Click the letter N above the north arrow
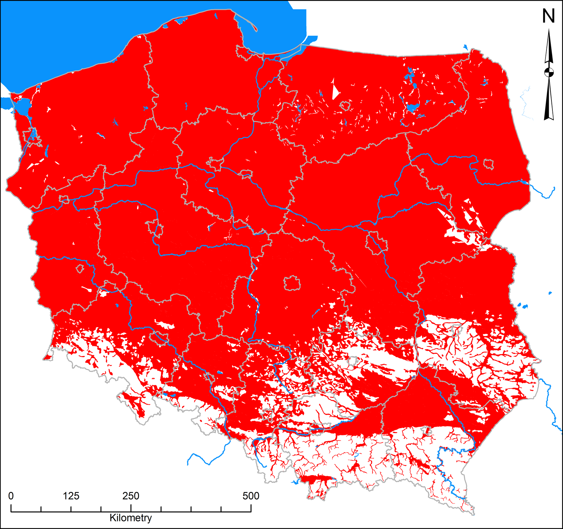(x=548, y=16)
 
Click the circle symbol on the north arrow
(x=549, y=72)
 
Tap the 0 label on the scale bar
(x=11, y=496)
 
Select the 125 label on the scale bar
(x=71, y=496)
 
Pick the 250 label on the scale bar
(x=131, y=496)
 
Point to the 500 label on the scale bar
(x=251, y=496)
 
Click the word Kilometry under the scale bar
(x=131, y=518)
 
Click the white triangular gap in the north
(x=335, y=89)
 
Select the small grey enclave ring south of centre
(x=292, y=283)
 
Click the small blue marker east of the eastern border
(x=550, y=293)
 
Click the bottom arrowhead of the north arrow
(x=549, y=112)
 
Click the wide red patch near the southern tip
(x=317, y=479)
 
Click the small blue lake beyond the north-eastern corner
(x=465, y=47)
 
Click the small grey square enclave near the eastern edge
(x=488, y=164)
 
